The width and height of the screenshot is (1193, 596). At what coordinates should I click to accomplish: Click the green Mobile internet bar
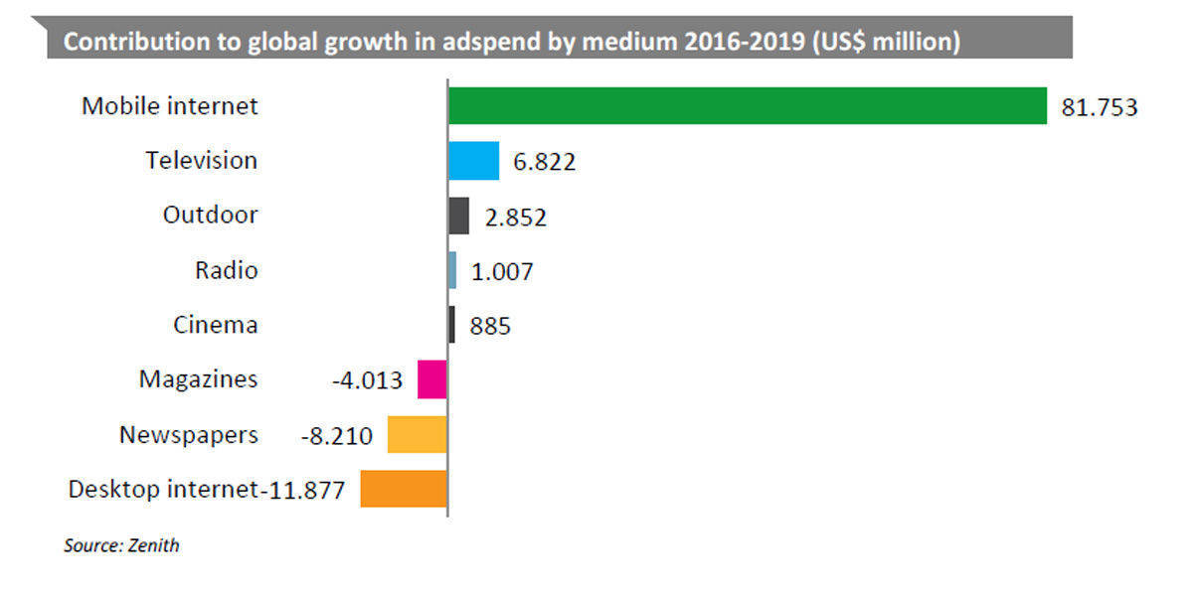click(746, 106)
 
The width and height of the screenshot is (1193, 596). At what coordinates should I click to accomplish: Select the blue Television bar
click(473, 161)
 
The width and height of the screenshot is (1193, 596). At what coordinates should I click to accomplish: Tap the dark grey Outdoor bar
click(458, 216)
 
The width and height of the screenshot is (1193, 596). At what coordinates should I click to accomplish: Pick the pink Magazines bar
click(431, 379)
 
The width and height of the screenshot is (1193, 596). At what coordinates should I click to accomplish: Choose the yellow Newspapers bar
click(417, 434)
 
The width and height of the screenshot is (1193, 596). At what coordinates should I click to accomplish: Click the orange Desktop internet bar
click(403, 489)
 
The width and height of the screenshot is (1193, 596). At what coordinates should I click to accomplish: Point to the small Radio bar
click(452, 270)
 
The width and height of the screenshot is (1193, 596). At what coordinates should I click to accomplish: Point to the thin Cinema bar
click(451, 325)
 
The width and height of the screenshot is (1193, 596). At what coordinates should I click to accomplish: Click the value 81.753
click(1099, 108)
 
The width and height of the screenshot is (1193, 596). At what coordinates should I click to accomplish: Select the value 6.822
click(544, 162)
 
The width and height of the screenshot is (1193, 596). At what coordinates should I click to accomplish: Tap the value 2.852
click(515, 218)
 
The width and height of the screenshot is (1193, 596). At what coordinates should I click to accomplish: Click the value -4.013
click(367, 380)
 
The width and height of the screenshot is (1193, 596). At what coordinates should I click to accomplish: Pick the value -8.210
click(336, 435)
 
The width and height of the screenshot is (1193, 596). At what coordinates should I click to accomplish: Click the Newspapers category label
click(188, 434)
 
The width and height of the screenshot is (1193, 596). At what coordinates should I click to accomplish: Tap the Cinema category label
click(215, 325)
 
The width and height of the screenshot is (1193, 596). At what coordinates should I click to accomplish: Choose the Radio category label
click(226, 270)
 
